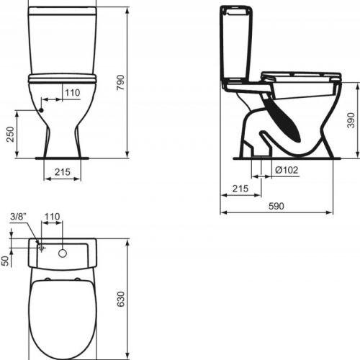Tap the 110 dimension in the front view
pos(72,93)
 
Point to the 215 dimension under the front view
pos(62,173)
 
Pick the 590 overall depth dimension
pos(276,206)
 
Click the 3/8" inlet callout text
pos(19,217)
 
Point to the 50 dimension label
pos(5,260)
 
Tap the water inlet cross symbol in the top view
pos(42,248)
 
